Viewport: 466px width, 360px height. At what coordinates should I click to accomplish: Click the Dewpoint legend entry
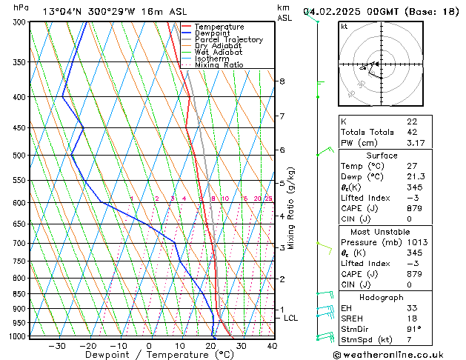click(x=213, y=33)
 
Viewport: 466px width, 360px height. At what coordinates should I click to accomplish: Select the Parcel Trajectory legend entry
click(x=228, y=40)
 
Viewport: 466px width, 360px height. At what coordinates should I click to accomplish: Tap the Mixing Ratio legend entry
click(x=219, y=65)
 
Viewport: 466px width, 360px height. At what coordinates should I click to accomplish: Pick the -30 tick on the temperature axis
click(x=57, y=346)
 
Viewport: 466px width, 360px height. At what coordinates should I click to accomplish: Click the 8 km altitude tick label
click(x=282, y=81)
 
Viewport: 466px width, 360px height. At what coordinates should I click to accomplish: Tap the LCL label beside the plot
click(x=291, y=319)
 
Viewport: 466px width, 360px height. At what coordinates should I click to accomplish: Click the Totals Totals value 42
click(x=412, y=132)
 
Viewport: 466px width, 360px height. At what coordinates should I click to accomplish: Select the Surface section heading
click(x=382, y=156)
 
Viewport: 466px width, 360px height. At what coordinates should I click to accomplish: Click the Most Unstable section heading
click(x=382, y=232)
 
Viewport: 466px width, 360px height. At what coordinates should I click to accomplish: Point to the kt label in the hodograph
click(x=344, y=27)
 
